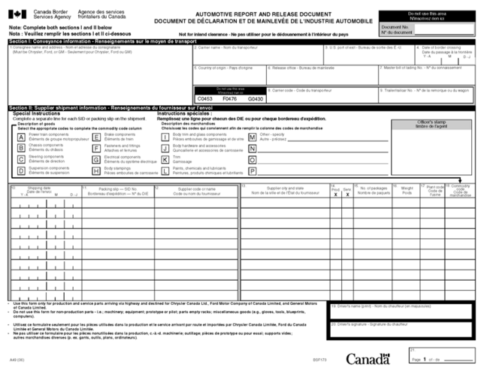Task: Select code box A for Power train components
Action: coord(20,137)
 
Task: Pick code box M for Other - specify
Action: coord(252,137)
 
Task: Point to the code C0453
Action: coord(205,98)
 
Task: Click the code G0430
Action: coord(256,98)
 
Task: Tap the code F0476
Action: coord(230,98)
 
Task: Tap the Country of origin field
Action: coord(225,74)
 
